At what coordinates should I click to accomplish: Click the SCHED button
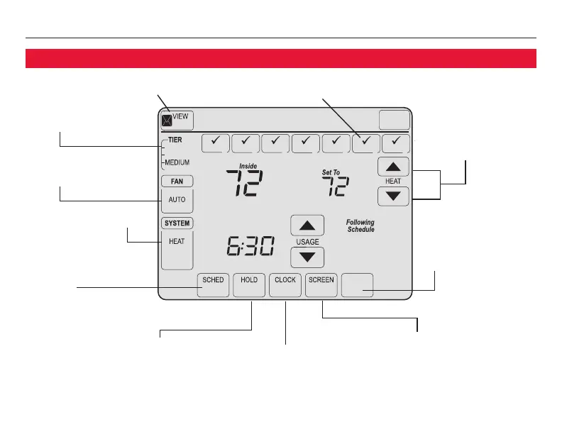tap(213, 285)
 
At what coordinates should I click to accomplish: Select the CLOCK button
tap(285, 285)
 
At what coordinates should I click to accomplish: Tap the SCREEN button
tap(321, 285)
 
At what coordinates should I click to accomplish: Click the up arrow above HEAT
tap(393, 167)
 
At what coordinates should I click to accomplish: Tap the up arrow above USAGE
tap(307, 226)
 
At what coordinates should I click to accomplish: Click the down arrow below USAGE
tap(307, 257)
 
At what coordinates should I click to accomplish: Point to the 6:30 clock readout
tap(250, 247)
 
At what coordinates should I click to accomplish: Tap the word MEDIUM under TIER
tap(177, 162)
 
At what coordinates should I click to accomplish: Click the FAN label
tap(177, 181)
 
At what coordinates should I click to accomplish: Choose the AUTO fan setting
tap(177, 200)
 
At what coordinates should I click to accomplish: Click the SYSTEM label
tap(177, 223)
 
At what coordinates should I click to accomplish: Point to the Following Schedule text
tap(360, 226)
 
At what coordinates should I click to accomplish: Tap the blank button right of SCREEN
tap(357, 285)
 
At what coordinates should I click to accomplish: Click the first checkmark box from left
tap(216, 143)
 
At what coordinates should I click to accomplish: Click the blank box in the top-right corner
tap(395, 120)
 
